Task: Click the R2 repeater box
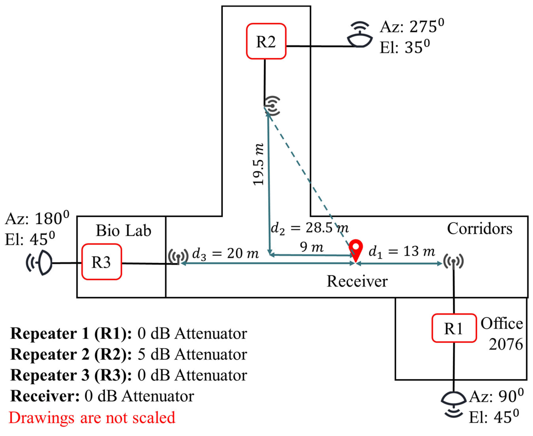click(266, 41)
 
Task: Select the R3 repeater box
click(101, 262)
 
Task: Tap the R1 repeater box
click(454, 328)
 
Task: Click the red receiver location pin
click(356, 249)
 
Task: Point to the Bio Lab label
click(123, 231)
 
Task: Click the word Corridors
click(479, 229)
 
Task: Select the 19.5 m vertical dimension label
click(259, 164)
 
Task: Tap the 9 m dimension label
click(311, 247)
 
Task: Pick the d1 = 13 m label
click(402, 252)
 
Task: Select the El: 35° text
click(405, 47)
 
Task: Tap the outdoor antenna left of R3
click(40, 263)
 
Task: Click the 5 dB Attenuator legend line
click(129, 354)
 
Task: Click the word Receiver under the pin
click(357, 281)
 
